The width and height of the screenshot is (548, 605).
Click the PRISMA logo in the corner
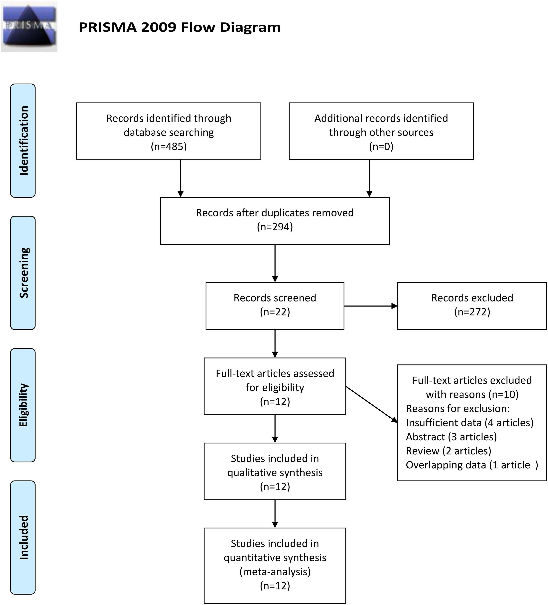coord(29,26)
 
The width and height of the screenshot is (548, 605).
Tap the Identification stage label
coord(23,140)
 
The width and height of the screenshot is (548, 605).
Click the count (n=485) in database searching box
coord(169,146)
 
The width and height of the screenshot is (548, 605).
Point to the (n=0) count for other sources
coord(381,146)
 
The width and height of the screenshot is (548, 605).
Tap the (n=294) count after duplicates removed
coord(275,227)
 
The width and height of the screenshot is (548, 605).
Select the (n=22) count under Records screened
coord(275,312)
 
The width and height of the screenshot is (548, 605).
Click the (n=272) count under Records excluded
coord(472,312)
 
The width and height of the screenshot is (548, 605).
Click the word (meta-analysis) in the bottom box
coord(275,572)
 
